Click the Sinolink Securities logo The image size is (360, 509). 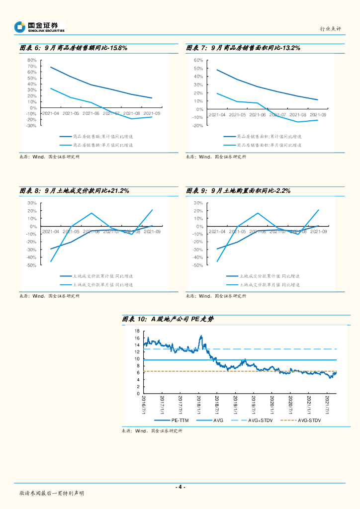point(40,26)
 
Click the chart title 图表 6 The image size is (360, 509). point(74,48)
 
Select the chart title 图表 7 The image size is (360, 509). point(243,48)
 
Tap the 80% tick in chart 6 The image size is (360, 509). point(32,60)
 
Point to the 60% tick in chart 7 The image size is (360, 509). point(198,60)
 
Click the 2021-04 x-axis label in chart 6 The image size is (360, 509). point(50,114)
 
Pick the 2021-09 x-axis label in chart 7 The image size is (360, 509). point(318,115)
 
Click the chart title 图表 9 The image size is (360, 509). point(238,190)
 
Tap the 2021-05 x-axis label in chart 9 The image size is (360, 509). point(237,232)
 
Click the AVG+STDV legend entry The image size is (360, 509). point(258,421)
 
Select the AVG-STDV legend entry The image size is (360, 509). point(309,421)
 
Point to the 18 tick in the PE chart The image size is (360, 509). point(137,331)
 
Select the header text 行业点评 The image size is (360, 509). point(330,29)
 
